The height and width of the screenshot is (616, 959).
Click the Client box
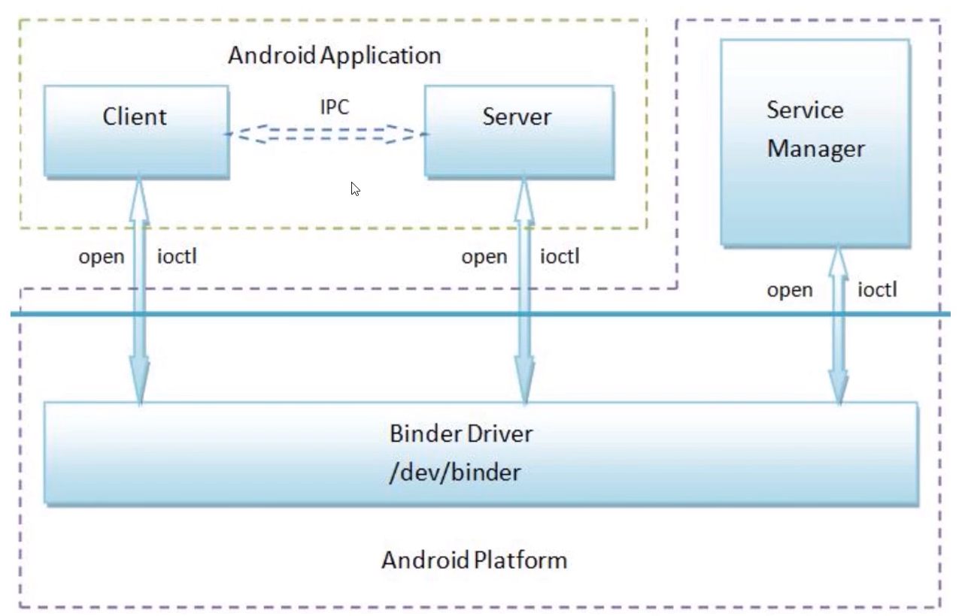[x=135, y=131]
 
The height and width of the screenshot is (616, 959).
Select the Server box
[x=518, y=131]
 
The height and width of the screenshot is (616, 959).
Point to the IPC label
[x=334, y=107]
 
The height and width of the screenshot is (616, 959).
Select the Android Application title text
[x=334, y=56]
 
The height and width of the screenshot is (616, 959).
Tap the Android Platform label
[x=474, y=560]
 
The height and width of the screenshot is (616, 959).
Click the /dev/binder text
[x=456, y=474]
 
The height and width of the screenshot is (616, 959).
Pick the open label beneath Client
[x=101, y=257]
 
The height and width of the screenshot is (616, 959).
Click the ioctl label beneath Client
[x=177, y=257]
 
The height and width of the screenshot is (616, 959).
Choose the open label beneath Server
[x=484, y=257]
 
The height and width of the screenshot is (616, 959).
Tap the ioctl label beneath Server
[x=560, y=257]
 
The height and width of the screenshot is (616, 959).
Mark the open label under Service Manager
[x=790, y=290]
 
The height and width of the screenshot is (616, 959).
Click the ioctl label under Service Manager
[x=877, y=290]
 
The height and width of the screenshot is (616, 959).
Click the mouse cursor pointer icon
[x=355, y=189]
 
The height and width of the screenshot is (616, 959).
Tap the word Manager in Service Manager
[x=815, y=149]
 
